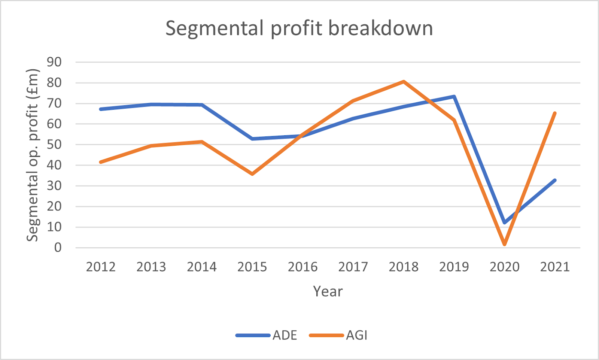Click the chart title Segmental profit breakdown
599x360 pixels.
point(299,28)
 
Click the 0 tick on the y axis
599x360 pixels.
point(58,248)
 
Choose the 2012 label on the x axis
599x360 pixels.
point(101,267)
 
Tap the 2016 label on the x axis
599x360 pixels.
point(302,267)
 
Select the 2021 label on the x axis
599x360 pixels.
point(555,267)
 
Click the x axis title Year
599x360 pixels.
point(328,291)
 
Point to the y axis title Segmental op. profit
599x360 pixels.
point(33,155)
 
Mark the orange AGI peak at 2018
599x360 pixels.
point(404,81)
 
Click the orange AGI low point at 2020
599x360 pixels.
point(505,244)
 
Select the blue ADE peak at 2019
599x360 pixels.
point(454,97)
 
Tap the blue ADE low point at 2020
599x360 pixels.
point(505,223)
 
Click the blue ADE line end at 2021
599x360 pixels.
point(555,180)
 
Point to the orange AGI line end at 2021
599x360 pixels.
point(555,113)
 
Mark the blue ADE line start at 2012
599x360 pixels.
point(101,109)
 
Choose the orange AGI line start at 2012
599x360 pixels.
point(101,162)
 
